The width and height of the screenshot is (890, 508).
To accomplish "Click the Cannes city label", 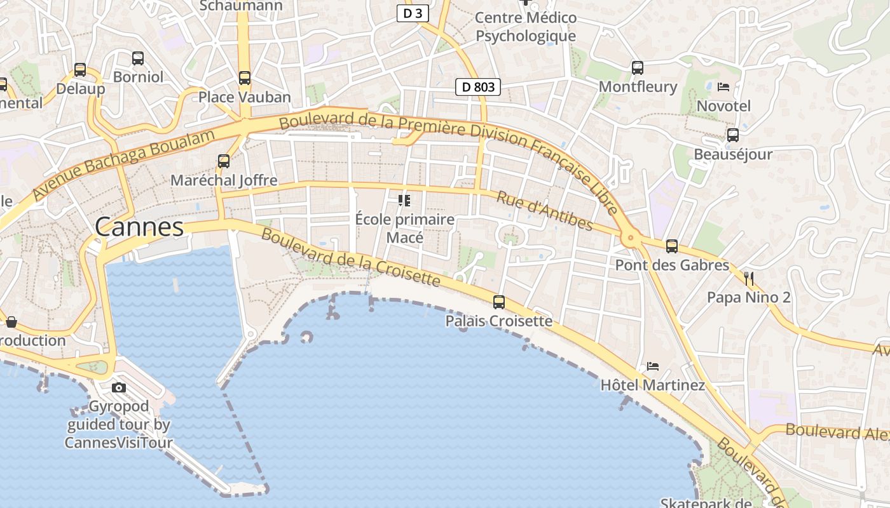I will [139, 227].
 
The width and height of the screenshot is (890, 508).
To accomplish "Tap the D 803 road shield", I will [478, 87].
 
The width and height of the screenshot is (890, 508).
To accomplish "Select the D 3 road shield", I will [413, 13].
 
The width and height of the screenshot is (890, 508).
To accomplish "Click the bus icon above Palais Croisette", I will [499, 302].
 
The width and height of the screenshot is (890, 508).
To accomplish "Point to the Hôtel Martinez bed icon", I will [653, 366].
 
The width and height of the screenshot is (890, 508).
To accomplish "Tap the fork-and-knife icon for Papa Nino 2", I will [749, 278].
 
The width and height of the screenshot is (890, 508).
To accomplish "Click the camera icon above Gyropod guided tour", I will [119, 387].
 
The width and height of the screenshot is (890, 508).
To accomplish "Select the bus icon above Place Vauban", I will [245, 78].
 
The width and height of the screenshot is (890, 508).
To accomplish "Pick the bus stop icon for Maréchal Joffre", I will [224, 161].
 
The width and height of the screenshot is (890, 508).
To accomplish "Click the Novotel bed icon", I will [723, 87].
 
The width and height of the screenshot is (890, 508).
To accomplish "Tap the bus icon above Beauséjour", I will [733, 135].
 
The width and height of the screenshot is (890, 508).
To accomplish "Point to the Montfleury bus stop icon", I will [638, 67].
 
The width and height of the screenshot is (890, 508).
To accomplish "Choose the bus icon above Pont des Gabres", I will [672, 246].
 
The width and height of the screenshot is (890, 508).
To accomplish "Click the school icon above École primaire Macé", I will [404, 201].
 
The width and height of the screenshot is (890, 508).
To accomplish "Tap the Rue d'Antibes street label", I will [545, 211].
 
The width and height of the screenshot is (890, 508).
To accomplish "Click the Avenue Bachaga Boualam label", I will [123, 163].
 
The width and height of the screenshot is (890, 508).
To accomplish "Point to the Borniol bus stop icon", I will [138, 58].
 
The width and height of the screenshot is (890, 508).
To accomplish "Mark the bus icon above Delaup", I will [80, 70].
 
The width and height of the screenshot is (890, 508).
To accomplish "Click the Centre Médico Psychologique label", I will [526, 27].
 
